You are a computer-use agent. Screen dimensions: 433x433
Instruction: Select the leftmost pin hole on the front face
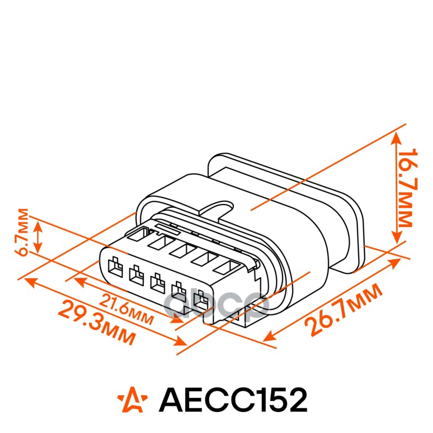pyautogui.click(x=114, y=266)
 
